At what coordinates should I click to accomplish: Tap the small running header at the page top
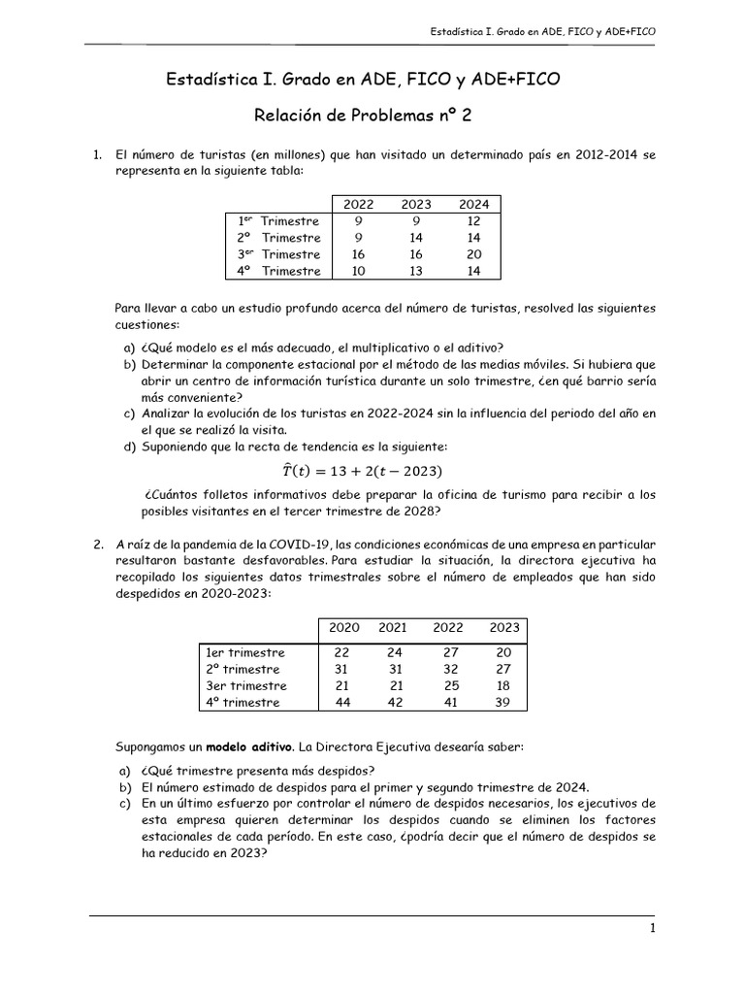point(542,32)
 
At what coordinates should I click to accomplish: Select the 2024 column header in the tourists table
point(473,204)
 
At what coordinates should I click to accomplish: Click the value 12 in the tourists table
point(473,221)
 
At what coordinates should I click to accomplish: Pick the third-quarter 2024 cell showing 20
point(473,254)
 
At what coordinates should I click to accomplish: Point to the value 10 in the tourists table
point(358,271)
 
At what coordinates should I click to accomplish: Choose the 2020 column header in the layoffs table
point(344,628)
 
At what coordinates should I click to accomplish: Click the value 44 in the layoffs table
point(342,702)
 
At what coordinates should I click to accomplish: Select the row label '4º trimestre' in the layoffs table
point(242,702)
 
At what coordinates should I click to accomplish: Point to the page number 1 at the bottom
point(654,929)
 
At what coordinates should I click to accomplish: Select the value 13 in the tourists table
point(415,271)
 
